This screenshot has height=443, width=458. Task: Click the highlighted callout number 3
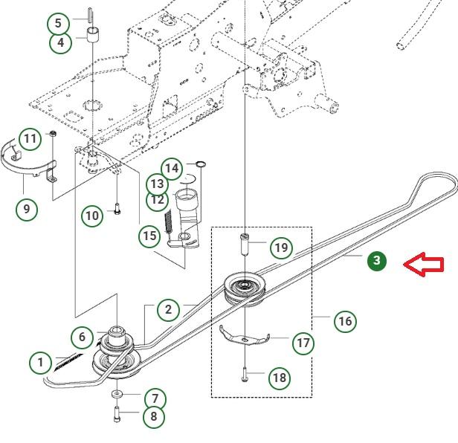(377, 260)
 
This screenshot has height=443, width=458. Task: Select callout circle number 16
(344, 321)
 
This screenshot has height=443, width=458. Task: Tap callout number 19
(280, 248)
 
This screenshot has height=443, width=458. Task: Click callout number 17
(303, 343)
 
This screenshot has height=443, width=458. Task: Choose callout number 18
(279, 378)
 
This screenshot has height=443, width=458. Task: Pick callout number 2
(169, 310)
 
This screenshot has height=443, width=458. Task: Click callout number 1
(41, 363)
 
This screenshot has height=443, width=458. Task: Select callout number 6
(83, 337)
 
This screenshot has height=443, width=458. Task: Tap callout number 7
(154, 398)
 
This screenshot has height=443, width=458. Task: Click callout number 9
(27, 208)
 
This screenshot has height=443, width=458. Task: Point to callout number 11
(30, 139)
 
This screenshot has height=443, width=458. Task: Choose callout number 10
(92, 216)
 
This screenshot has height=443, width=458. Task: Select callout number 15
(150, 236)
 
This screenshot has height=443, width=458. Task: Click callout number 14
(172, 168)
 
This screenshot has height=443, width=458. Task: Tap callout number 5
(60, 22)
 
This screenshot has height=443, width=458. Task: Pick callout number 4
(61, 42)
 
